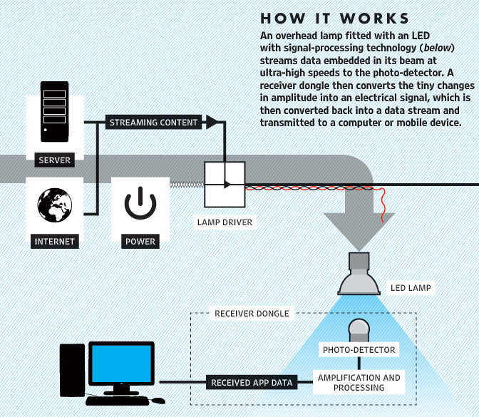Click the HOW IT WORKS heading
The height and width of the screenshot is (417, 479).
click(334, 18)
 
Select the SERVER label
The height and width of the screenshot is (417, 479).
click(55, 160)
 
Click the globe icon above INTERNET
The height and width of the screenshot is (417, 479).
click(55, 205)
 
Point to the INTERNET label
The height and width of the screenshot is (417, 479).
click(55, 241)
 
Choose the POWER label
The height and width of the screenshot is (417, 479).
click(140, 241)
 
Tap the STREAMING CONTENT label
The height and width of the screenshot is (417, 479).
click(153, 123)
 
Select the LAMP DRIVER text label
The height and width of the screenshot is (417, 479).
click(225, 222)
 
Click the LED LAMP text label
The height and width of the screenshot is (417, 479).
click(411, 289)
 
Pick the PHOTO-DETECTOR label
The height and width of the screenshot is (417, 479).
click(359, 350)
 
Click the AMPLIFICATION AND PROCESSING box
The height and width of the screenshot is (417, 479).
click(359, 382)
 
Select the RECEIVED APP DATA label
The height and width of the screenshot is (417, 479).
click(252, 383)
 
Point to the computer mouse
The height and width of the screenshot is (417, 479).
click(158, 401)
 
